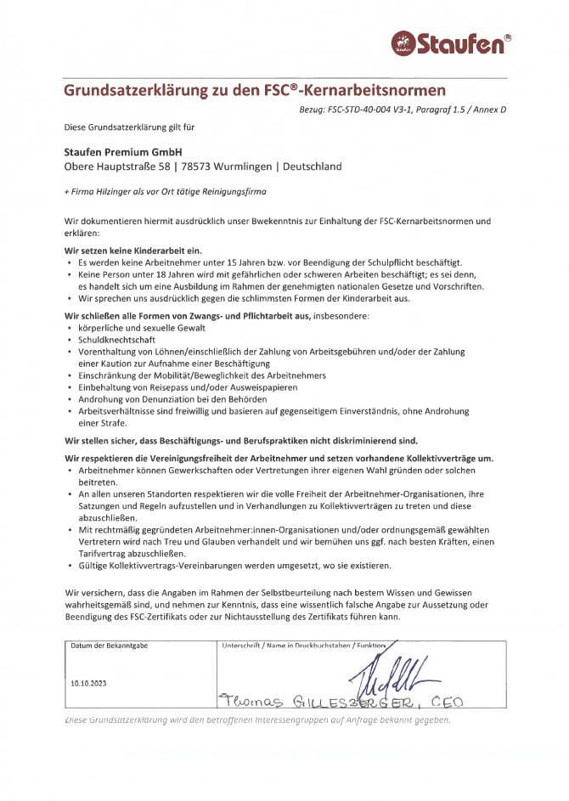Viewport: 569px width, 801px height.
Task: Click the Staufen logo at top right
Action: pos(451,42)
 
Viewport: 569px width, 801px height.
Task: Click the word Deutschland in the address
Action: pos(313,166)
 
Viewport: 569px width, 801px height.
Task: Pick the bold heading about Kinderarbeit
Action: pos(133,251)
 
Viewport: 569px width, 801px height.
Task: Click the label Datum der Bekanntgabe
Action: pos(110,646)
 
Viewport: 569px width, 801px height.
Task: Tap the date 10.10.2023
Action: pos(89,683)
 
